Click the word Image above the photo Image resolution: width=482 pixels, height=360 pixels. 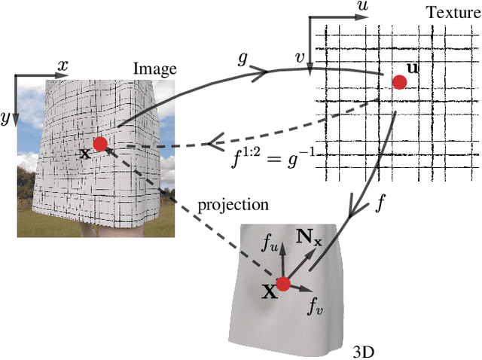coord(154,69)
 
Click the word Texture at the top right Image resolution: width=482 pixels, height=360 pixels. coord(452,12)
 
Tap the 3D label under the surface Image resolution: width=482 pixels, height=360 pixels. coord(364,351)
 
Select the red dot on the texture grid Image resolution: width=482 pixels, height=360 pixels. coord(400,81)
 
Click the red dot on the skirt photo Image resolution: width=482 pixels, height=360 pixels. coord(99,144)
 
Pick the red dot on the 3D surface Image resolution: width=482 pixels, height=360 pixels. coord(283,284)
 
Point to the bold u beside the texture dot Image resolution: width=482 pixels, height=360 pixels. coord(413,69)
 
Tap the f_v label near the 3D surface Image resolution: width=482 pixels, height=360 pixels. coord(316,305)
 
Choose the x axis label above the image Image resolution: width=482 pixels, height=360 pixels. coord(63,65)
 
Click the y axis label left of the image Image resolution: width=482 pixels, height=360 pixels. coord(6,118)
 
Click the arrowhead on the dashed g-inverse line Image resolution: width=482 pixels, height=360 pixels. coord(217,142)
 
